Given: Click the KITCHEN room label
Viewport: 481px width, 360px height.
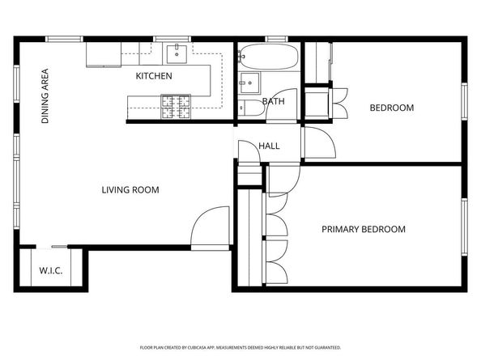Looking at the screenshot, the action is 154,76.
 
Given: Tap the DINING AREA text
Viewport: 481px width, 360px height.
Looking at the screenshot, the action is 45,96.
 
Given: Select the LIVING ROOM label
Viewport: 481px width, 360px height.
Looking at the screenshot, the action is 130,190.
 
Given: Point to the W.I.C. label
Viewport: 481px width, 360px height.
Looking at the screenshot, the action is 51,270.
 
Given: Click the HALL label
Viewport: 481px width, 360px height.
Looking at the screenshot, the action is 269,146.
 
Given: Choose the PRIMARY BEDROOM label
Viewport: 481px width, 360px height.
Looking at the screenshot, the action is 364,229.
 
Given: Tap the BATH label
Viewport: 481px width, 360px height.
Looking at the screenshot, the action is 274,101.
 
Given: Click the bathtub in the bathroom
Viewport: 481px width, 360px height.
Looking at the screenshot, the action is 268,57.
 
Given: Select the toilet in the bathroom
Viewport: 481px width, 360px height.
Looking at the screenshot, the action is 251,108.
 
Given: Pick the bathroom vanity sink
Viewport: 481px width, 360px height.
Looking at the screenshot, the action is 249,83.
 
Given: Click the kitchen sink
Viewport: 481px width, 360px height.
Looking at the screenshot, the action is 177,54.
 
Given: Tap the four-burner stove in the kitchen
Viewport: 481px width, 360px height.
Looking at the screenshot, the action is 176,107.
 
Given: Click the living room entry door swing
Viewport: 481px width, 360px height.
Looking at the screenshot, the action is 210,226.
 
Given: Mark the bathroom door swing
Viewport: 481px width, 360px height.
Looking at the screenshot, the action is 282,105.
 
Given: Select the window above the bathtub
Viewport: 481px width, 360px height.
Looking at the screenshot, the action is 276,39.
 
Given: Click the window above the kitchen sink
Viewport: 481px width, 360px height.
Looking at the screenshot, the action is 172,39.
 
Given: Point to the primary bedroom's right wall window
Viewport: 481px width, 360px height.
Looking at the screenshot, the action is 465,227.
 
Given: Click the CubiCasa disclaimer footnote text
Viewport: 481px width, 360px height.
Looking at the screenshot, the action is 240,348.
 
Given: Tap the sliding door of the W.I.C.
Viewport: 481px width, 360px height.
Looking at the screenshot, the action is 59,247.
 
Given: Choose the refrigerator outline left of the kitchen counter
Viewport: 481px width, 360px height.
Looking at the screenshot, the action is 104,54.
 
